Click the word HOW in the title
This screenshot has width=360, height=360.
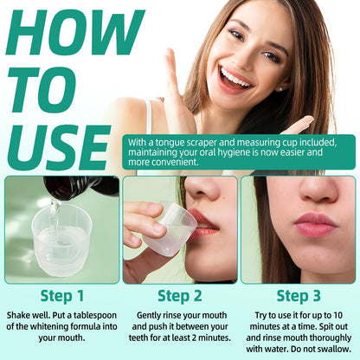[x=75, y=32]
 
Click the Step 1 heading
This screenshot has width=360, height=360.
[x=62, y=296]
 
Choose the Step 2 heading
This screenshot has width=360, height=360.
[x=180, y=296]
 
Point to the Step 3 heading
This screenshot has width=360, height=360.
[x=299, y=296]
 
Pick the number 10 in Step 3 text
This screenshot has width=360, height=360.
[x=337, y=315]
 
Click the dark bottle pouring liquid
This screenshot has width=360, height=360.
[x=81, y=188]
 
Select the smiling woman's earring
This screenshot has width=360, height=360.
[x=280, y=89]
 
